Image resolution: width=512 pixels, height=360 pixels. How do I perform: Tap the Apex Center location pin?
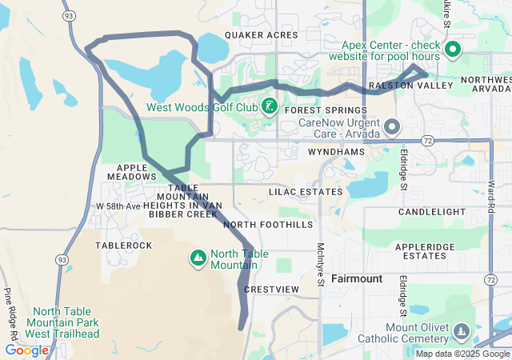tap(452, 50)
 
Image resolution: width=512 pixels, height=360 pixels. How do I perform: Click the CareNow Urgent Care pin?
tap(392, 127)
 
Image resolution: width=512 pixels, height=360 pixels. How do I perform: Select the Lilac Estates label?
tap(306, 192)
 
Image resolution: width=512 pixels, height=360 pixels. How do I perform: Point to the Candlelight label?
tap(432, 212)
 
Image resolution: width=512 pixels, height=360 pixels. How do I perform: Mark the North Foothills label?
tap(268, 225)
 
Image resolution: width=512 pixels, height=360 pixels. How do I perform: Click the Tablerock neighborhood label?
tap(123, 246)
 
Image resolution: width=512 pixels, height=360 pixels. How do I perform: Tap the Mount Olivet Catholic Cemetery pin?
tap(461, 330)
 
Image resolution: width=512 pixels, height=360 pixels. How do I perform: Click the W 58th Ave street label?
tap(118, 206)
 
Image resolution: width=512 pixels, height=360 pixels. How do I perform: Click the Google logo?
tap(26, 350)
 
